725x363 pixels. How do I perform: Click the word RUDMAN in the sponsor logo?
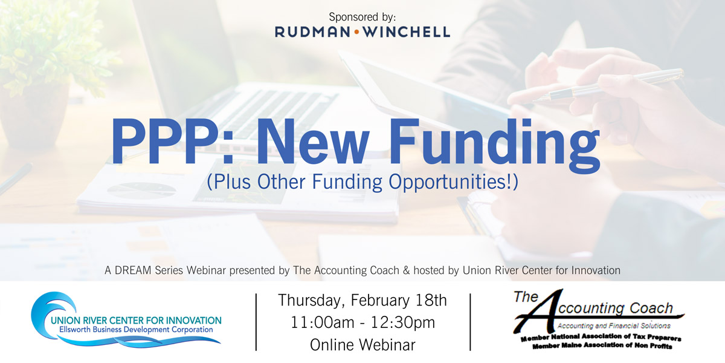313,31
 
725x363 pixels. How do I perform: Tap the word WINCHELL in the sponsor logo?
406,31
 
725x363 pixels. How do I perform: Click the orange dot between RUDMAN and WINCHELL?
356,31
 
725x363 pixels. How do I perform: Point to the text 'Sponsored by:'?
362,17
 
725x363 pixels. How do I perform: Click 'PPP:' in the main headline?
173,142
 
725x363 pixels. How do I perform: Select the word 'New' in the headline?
313,142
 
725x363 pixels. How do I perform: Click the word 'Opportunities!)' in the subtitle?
453,182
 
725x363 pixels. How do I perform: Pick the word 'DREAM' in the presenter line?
133,270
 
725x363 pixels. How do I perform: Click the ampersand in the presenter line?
406,270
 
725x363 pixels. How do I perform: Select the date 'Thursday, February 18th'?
362,301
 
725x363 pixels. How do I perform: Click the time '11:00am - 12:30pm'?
362,322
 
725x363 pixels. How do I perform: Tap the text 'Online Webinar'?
362,345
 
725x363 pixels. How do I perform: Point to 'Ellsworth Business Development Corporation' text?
136,330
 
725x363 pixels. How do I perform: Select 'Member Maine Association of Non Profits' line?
602,346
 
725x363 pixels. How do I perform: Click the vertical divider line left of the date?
256,322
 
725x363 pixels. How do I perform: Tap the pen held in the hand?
608,85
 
